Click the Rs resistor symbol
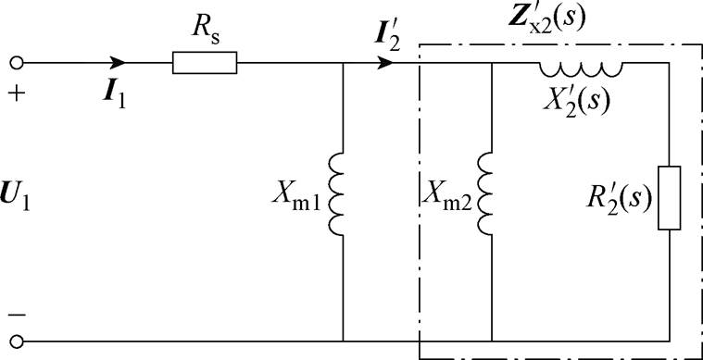(x=205, y=63)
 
